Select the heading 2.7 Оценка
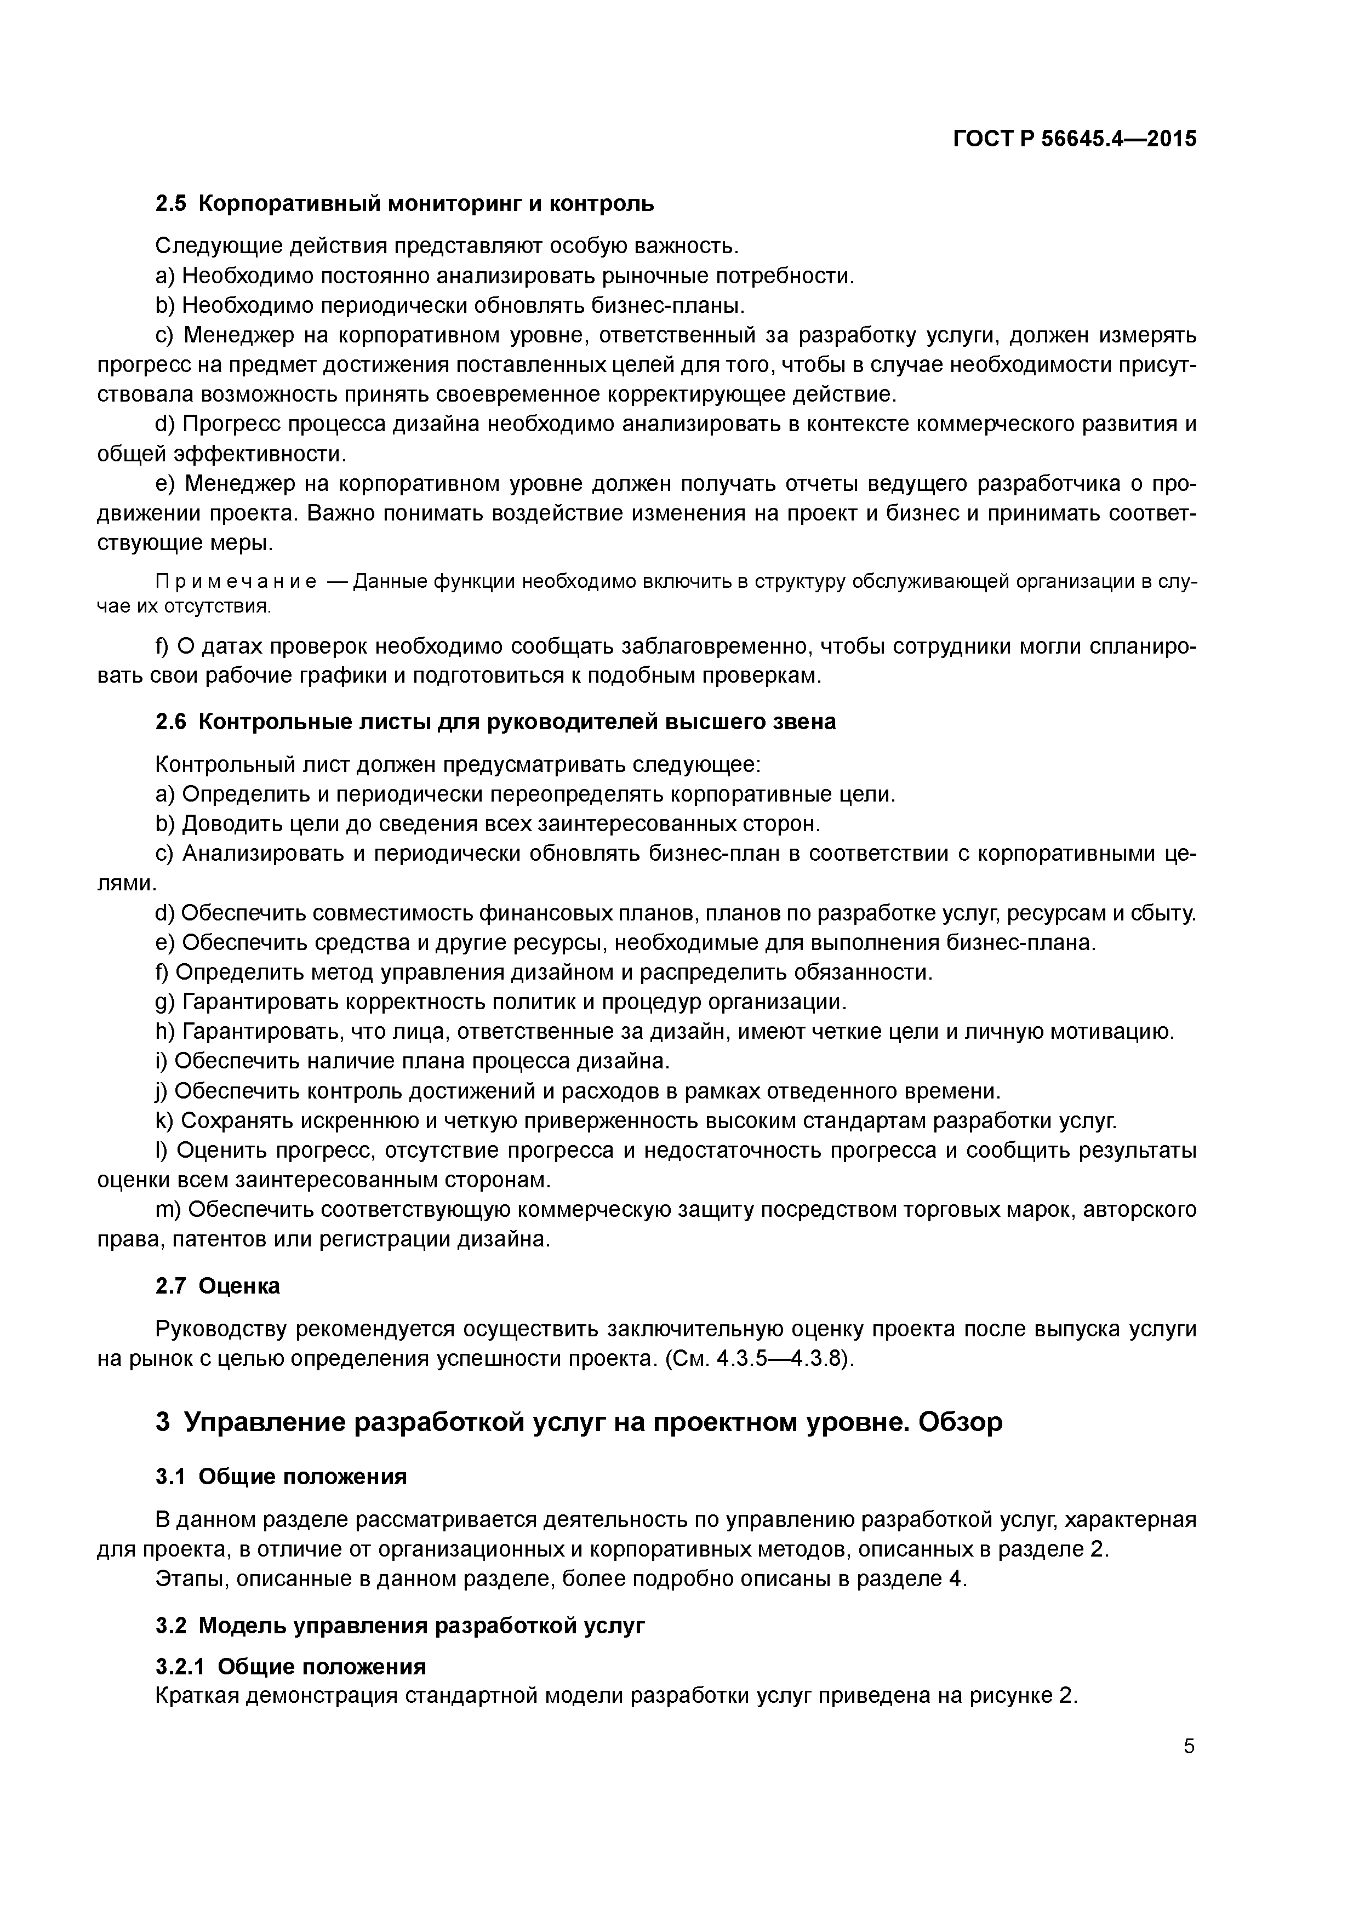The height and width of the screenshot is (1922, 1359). click(x=218, y=1286)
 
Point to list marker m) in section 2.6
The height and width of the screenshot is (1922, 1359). click(x=168, y=1210)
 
